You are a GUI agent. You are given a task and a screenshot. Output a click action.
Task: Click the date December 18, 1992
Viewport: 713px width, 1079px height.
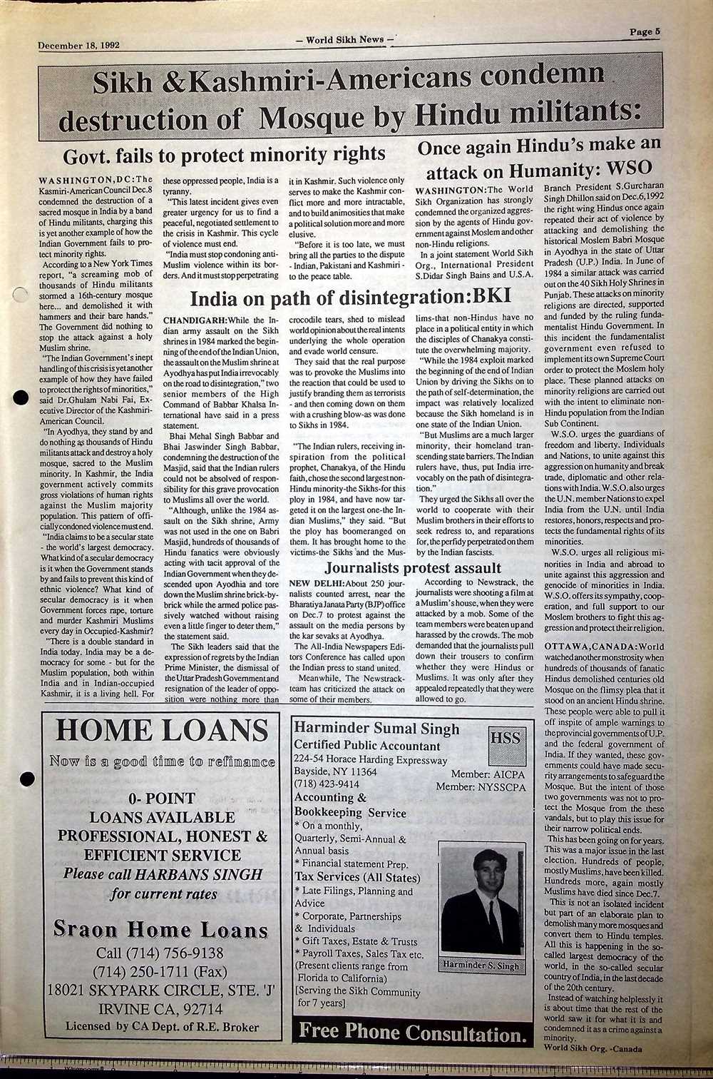tap(78, 44)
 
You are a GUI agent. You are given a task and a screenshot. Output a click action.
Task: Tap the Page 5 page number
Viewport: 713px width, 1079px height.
tap(645, 31)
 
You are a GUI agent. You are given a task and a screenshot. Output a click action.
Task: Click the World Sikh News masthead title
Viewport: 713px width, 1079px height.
tap(345, 40)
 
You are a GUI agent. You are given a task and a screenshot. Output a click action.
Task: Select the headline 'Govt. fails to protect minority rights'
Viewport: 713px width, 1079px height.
tap(225, 154)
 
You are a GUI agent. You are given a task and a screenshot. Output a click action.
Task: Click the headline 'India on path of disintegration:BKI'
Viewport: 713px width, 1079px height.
tap(351, 298)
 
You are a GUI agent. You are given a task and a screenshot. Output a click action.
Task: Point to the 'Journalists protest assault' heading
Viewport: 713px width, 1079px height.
tap(413, 568)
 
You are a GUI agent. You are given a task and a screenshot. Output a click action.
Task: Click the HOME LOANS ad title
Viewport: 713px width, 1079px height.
tap(162, 731)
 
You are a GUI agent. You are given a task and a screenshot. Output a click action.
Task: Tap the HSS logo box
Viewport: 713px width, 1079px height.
tap(506, 739)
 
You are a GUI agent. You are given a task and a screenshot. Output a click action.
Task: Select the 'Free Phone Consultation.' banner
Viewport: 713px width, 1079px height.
tap(414, 1031)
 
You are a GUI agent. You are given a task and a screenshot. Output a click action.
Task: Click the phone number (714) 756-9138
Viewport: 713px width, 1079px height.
tap(160, 953)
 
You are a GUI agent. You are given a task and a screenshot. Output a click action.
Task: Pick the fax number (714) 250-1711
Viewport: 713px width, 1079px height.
tap(160, 972)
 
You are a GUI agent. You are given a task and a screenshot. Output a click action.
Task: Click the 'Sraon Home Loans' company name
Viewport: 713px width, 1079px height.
tap(161, 929)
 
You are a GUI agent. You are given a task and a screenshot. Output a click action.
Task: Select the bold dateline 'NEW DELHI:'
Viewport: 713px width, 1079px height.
tap(317, 584)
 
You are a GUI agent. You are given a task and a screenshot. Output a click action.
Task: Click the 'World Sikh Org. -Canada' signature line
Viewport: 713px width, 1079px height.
tap(593, 1048)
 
